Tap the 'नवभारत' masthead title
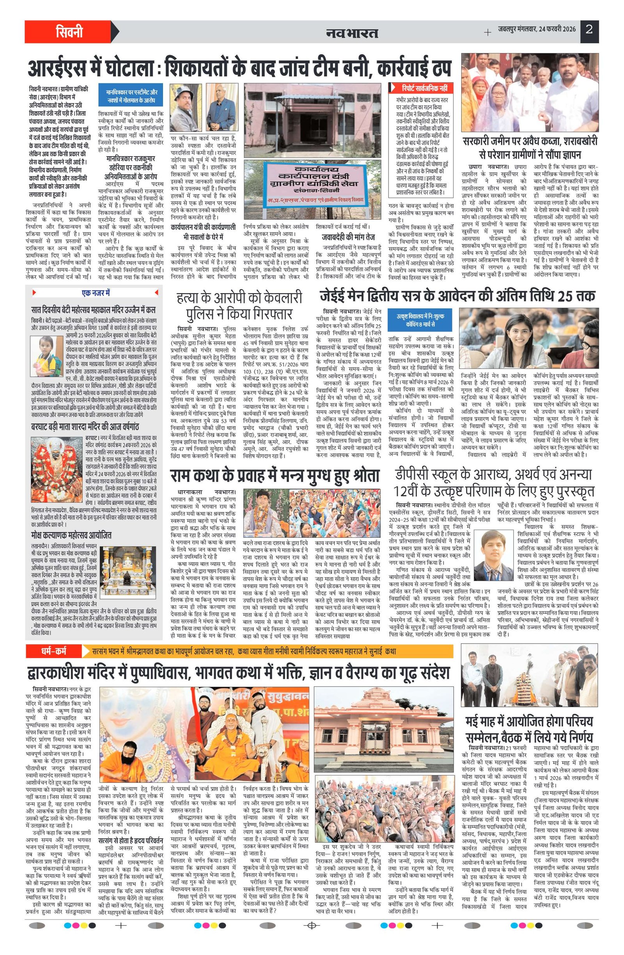click(x=352, y=32)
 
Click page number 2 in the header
click(x=589, y=30)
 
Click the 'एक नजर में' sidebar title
click(x=96, y=293)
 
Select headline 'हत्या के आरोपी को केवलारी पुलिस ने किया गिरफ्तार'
click(x=239, y=306)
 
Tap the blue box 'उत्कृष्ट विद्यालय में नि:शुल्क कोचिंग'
click(x=420, y=320)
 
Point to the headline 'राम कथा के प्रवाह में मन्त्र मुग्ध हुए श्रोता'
click(x=274, y=476)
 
